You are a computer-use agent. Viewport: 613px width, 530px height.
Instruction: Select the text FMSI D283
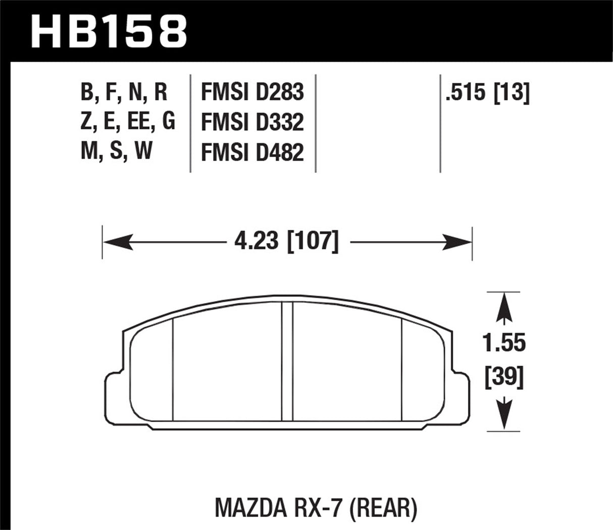[252, 92]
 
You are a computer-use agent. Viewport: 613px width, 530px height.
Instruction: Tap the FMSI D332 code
[252, 123]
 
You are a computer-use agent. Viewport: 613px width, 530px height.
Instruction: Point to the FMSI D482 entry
[252, 153]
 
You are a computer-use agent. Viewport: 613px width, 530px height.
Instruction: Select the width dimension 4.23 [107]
[286, 242]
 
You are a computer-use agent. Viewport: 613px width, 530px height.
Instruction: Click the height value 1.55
[503, 344]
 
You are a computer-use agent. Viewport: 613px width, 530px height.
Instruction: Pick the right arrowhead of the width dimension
[457, 242]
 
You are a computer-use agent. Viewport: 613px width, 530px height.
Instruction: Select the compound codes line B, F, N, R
[124, 92]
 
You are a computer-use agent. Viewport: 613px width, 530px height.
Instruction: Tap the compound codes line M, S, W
[116, 152]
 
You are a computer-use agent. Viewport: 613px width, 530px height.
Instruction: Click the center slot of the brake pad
[287, 361]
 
